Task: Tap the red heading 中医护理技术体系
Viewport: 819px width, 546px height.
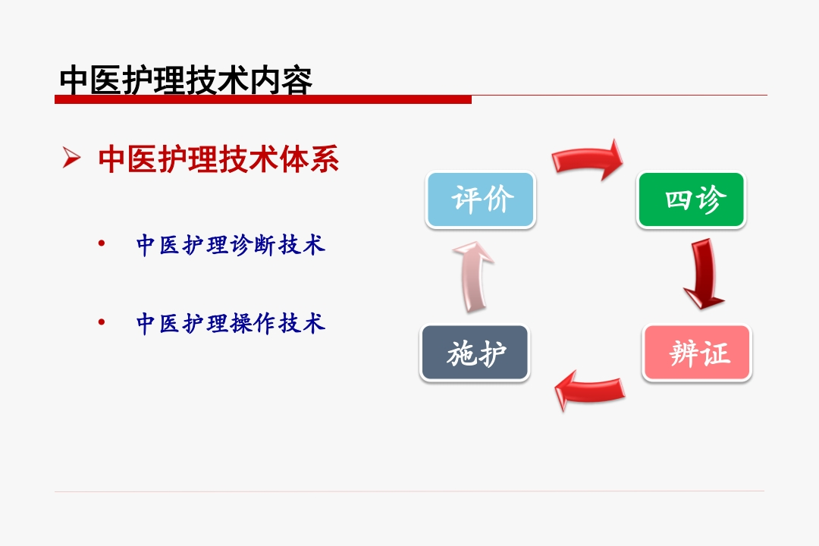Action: (218, 158)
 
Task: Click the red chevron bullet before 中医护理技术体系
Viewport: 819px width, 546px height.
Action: (71, 158)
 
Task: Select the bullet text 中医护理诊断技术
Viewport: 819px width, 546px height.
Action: (231, 244)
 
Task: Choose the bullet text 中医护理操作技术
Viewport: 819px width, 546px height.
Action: (231, 323)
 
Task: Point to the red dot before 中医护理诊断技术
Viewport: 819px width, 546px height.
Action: (102, 243)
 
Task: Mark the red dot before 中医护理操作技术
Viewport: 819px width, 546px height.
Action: (102, 322)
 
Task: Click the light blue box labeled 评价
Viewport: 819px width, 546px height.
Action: (481, 199)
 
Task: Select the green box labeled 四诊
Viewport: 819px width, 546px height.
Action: (691, 199)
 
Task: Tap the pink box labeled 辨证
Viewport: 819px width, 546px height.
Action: (698, 353)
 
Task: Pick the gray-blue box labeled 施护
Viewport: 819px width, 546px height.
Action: (475, 353)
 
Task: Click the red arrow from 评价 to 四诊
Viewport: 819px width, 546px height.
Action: (588, 158)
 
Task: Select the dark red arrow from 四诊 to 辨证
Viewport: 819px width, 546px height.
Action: (703, 275)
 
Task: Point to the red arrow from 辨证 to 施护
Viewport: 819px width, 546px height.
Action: (589, 390)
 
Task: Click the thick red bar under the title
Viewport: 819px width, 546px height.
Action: (263, 99)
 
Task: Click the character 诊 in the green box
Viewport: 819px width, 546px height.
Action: (710, 199)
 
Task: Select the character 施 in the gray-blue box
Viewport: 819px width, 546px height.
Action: (460, 353)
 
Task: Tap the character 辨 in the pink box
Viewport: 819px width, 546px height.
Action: (684, 353)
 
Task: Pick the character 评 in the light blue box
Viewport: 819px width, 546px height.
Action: (466, 199)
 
